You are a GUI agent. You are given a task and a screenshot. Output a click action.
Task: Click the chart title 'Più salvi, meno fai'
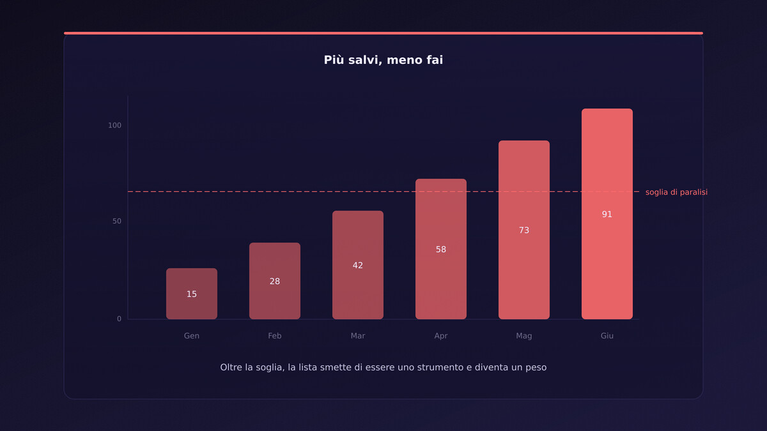tap(383, 60)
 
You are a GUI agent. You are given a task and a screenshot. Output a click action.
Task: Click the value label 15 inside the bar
tap(192, 294)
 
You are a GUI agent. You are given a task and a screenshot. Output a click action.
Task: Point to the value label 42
tap(358, 266)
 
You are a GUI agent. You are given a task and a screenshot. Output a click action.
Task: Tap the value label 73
tap(524, 231)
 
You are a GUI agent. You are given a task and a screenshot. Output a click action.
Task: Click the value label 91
tap(607, 215)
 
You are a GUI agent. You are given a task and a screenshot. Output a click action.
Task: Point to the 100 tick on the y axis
tap(114, 125)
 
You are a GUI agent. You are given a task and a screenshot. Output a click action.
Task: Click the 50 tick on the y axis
tap(116, 221)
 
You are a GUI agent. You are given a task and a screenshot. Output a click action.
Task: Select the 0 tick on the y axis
tap(119, 319)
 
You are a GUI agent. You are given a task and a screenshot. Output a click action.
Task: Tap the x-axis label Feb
tap(275, 336)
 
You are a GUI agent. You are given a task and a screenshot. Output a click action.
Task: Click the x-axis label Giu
tap(607, 336)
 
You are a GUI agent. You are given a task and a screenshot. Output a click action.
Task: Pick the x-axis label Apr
tap(441, 336)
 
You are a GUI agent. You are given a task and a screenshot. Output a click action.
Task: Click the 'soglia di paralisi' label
tap(676, 192)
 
